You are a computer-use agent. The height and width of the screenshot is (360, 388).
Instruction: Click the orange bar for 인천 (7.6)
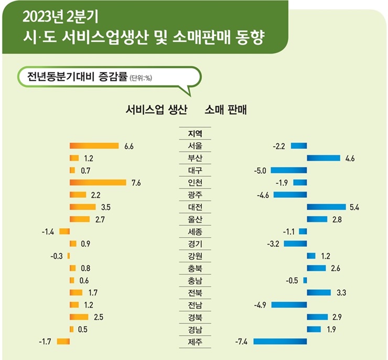[98, 182]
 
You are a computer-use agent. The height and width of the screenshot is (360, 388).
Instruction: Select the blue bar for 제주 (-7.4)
[280, 342]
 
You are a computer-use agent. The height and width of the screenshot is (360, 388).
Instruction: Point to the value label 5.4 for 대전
[354, 207]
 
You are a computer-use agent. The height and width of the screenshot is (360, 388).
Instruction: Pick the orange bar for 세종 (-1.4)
[64, 231]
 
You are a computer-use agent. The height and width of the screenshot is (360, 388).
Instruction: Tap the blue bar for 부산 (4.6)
[324, 158]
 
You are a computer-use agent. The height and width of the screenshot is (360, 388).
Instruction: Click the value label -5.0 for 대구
[261, 171]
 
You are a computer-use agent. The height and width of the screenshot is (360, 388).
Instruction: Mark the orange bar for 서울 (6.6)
[94, 146]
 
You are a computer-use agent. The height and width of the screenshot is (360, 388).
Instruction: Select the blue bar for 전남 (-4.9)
[289, 305]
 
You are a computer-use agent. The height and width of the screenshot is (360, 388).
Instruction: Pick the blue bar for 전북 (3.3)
[319, 292]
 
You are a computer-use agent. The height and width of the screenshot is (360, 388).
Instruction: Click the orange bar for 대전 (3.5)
[82, 207]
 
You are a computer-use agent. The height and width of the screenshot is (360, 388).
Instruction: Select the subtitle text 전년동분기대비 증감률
[73, 78]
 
